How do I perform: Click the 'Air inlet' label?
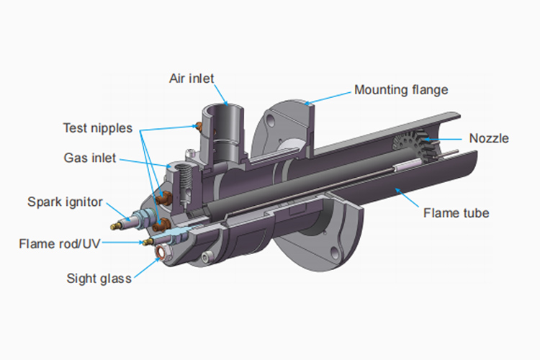pyautogui.click(x=192, y=78)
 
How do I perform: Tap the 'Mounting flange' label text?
pyautogui.click(x=401, y=90)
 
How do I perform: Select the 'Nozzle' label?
pyautogui.click(x=489, y=138)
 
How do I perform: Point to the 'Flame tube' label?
pyautogui.click(x=456, y=213)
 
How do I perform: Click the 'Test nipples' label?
pyautogui.click(x=98, y=128)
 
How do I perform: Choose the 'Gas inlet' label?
pyautogui.click(x=90, y=158)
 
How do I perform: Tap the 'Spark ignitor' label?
pyautogui.click(x=65, y=202)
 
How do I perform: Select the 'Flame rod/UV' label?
pyautogui.click(x=60, y=244)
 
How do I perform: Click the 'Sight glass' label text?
pyautogui.click(x=99, y=279)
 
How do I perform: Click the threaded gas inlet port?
pyautogui.click(x=184, y=172)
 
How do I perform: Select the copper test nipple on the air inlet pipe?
pyautogui.click(x=199, y=126)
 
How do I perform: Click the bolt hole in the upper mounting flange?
pyautogui.click(x=271, y=121)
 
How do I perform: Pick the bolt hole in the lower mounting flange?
pyautogui.click(x=335, y=253)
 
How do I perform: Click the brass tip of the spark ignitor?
pyautogui.click(x=116, y=226)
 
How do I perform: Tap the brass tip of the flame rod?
pyautogui.click(x=148, y=241)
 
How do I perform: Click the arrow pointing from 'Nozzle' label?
pyautogui.click(x=443, y=139)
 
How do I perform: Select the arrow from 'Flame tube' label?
pyautogui.click(x=407, y=197)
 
